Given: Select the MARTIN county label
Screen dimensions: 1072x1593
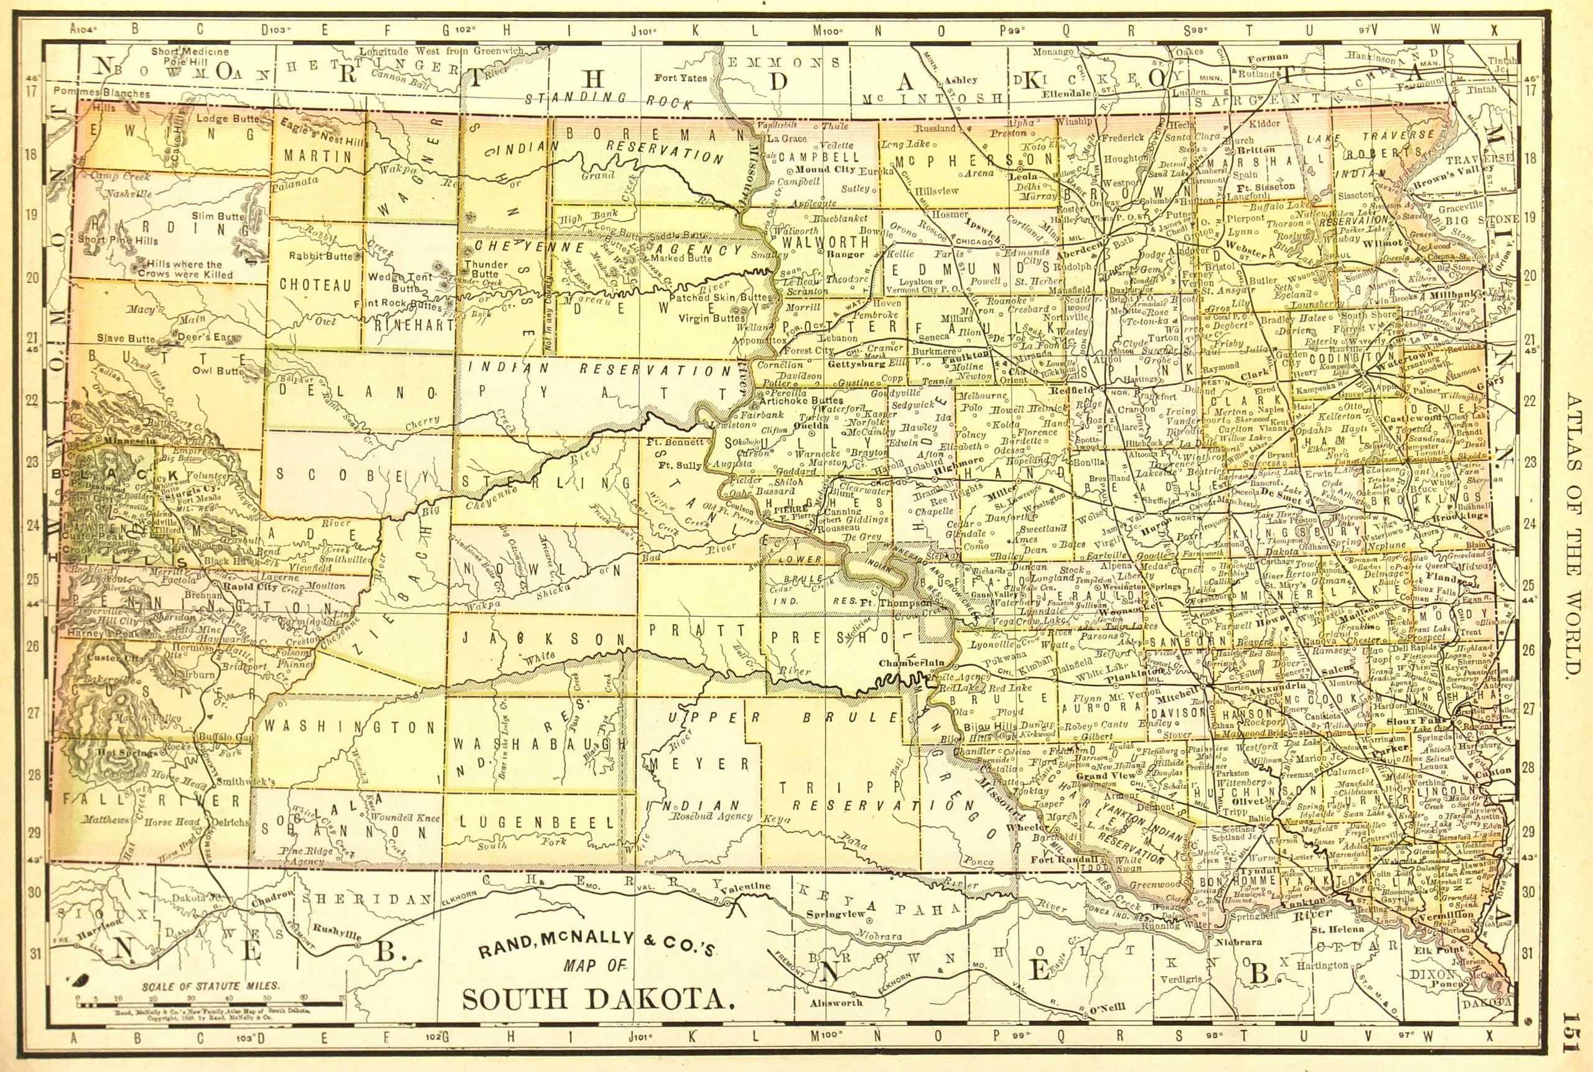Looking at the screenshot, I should pos(318,157).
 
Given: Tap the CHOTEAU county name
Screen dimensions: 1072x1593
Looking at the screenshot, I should pos(316,285).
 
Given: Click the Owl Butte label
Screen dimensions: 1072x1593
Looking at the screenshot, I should pos(218,371).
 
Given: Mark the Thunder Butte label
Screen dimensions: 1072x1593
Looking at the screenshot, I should pos(486,269).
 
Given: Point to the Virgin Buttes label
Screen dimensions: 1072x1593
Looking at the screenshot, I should pos(712,319).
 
